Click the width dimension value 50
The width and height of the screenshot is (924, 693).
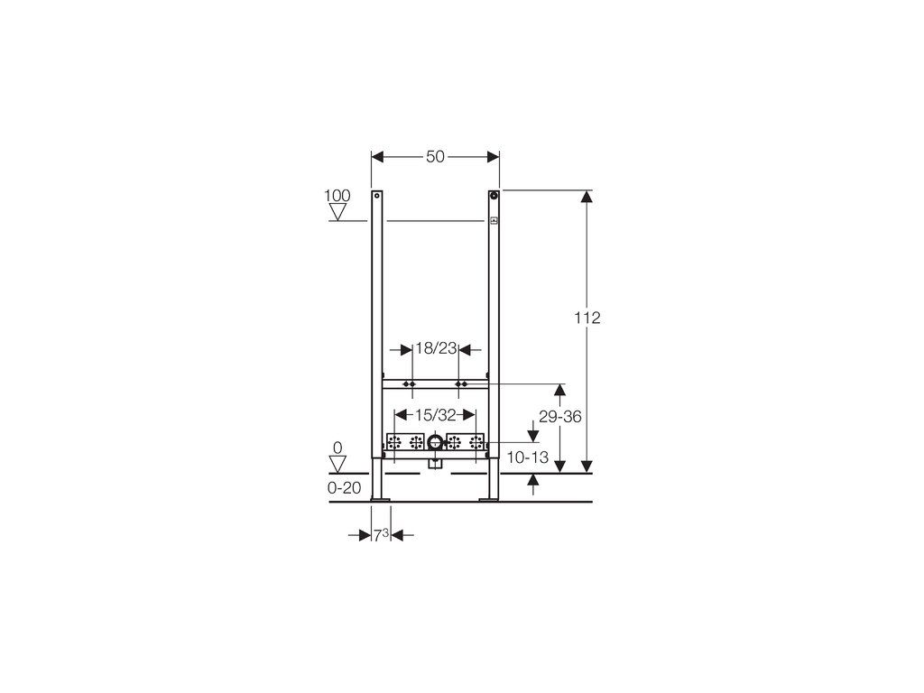coord(435,157)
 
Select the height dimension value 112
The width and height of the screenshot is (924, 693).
coord(587,318)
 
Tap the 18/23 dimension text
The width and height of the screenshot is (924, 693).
coord(436,349)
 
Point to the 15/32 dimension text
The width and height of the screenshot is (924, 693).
coord(436,415)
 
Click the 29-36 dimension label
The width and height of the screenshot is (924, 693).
coord(559,417)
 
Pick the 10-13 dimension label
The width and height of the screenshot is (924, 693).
coord(527,457)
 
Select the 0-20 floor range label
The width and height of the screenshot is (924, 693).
coord(344,488)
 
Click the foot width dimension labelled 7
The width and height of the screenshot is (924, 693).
coord(382,535)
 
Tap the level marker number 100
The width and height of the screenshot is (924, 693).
coord(337,196)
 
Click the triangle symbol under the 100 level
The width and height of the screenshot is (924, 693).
coord(337,212)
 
